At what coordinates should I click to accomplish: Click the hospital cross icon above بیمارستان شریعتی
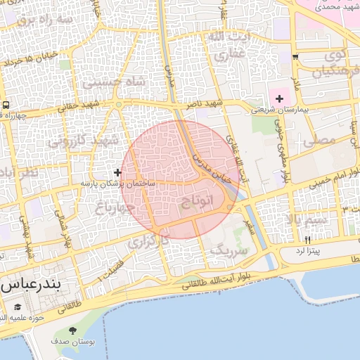tap(280, 98)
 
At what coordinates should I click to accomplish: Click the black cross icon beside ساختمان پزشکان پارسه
tap(117, 172)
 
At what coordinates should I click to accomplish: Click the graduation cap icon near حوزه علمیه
tap(18, 307)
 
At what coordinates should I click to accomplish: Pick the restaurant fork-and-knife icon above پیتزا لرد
tap(308, 240)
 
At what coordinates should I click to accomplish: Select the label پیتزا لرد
tap(308, 250)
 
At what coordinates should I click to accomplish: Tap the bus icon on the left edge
tap(6, 105)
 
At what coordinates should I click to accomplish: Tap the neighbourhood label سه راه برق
tap(45, 20)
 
